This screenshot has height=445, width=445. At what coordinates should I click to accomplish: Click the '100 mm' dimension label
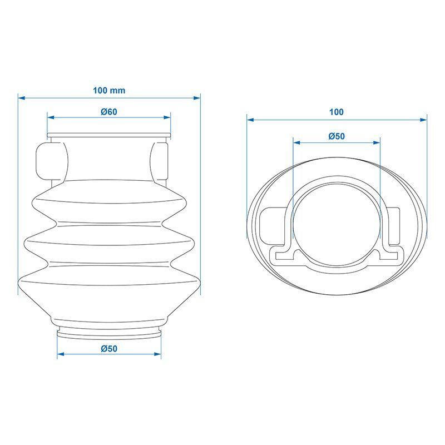pos(109,91)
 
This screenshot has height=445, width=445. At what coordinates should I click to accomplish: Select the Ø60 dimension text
pos(109,112)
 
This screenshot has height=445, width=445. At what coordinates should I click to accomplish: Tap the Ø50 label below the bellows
pos(109,349)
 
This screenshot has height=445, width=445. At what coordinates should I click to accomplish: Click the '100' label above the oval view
pos(337,112)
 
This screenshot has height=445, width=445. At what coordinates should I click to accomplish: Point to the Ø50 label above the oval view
pos(337,136)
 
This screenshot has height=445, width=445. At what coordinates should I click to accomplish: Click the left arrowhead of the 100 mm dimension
pos(22,98)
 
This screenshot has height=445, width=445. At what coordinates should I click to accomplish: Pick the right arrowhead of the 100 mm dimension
pos(197,98)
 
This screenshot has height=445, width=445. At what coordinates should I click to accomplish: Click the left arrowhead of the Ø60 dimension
pos(51,117)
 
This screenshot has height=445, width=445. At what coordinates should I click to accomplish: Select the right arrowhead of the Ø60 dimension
pos(167,117)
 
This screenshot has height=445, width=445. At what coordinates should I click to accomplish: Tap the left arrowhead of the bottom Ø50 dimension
pos(61,354)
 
